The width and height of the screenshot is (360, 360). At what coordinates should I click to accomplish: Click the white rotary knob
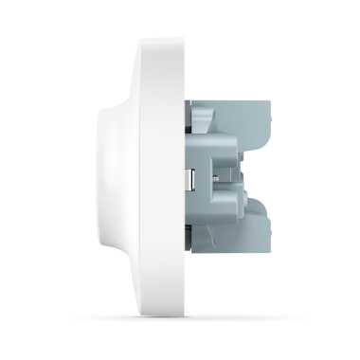[118, 180]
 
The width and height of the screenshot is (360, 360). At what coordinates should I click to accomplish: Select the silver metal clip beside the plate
[192, 180]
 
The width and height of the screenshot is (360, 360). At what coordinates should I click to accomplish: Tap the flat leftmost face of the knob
[99, 180]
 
